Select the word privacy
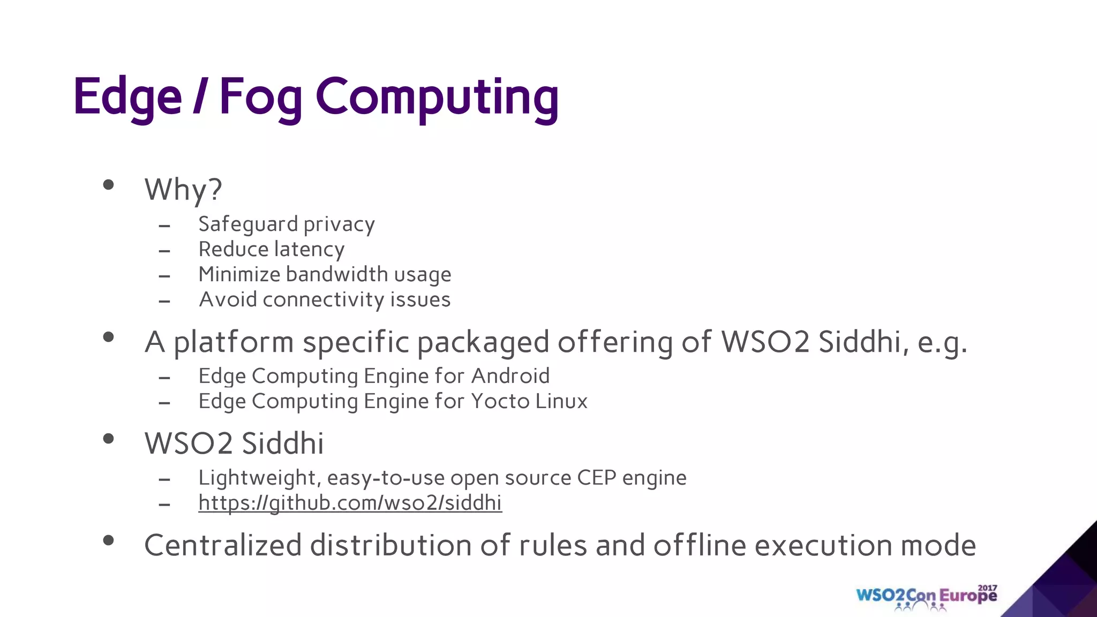click(x=339, y=224)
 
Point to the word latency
click(x=309, y=250)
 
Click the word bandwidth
click(x=337, y=274)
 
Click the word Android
click(x=510, y=376)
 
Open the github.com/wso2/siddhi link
click(x=350, y=503)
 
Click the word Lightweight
click(x=259, y=478)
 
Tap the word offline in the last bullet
click(x=700, y=545)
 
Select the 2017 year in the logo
click(x=988, y=588)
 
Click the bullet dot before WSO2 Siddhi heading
click(x=109, y=439)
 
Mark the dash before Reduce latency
click(x=164, y=251)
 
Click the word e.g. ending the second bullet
click(x=942, y=342)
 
